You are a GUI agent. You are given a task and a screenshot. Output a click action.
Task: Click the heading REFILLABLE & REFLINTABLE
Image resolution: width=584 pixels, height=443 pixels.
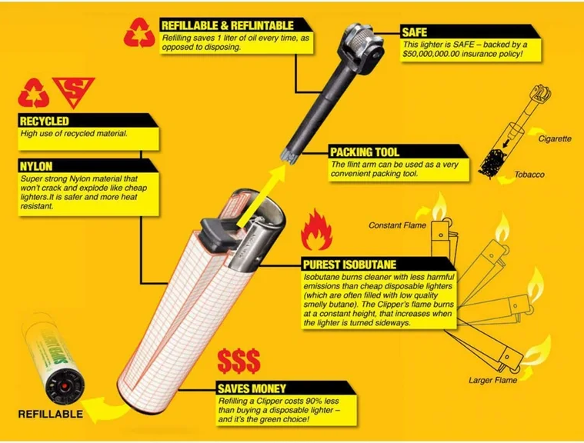coord(227,25)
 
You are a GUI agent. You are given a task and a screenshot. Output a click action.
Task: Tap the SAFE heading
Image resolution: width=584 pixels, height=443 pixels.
coord(414,32)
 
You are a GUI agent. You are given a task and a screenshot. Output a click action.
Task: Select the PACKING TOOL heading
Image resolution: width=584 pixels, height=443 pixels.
coord(365,152)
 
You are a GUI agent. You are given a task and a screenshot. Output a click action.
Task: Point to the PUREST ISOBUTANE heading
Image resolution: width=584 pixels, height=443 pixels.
coord(349,265)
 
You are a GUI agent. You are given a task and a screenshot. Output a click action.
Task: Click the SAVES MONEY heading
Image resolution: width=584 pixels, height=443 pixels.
coord(252,388)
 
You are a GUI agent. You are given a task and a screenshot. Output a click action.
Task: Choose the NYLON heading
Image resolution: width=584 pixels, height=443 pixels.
coord(36,166)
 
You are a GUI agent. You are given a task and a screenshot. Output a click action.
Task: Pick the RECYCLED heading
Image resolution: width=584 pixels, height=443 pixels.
coord(45,121)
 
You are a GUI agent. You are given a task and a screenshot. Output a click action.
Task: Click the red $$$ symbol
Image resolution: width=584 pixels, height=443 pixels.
coord(239,361)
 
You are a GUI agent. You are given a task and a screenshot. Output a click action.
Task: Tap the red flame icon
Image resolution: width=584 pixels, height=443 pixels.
coord(316,229)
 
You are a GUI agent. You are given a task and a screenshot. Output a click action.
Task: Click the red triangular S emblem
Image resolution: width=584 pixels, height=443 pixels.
coord(74,91)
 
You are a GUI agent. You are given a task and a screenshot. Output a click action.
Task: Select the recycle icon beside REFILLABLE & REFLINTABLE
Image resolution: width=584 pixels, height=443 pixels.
coord(139,33)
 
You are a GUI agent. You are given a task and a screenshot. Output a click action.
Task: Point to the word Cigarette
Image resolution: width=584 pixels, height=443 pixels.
coord(555,139)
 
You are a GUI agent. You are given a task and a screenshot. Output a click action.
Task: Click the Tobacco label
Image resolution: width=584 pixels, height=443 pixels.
coord(529,175)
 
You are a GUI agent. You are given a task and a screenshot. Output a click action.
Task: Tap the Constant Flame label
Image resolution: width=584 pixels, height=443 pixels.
coord(397,225)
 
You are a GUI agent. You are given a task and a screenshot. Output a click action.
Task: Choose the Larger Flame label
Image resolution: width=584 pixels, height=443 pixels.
coord(492,380)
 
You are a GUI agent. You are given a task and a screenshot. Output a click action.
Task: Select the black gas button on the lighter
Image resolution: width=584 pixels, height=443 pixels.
coord(218,233)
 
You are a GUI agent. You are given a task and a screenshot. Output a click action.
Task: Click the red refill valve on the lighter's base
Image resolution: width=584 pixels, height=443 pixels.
coord(65,386)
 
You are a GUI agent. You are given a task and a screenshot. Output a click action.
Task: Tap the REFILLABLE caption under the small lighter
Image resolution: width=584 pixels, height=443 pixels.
coord(51,414)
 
